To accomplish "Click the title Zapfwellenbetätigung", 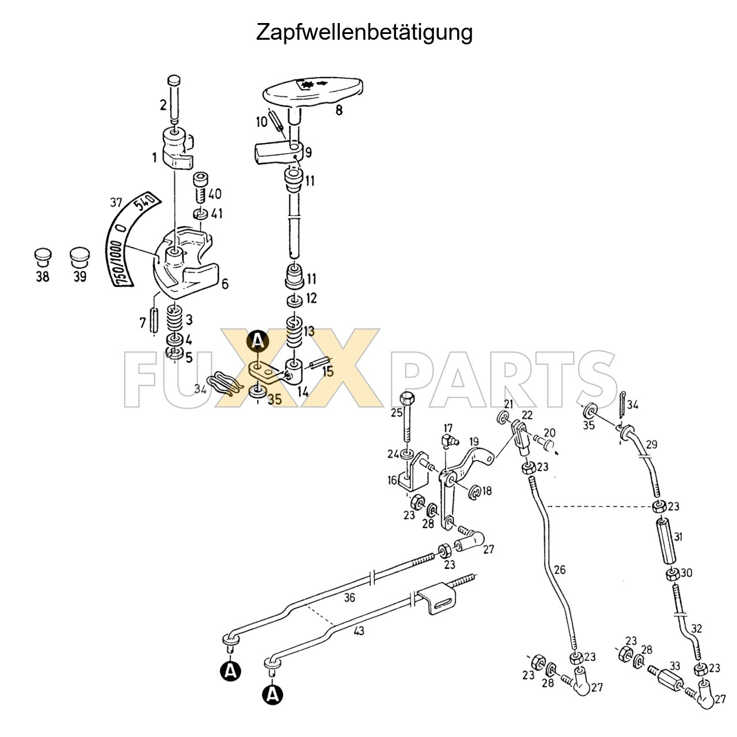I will [x=364, y=32].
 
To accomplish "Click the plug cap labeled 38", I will [x=43, y=257].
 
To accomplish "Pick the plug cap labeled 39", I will [x=79, y=257].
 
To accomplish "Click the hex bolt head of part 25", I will [x=405, y=398].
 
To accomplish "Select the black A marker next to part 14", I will [x=257, y=341].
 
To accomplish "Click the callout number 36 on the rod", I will [x=349, y=598].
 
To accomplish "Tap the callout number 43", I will [x=359, y=631].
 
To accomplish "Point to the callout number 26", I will [x=560, y=570].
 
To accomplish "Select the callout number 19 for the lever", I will [x=474, y=442].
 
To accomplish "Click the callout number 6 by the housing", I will [x=225, y=283].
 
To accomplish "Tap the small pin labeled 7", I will [x=154, y=320].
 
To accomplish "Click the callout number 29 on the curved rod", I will [x=651, y=445].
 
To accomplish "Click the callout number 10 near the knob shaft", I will [x=261, y=121].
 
